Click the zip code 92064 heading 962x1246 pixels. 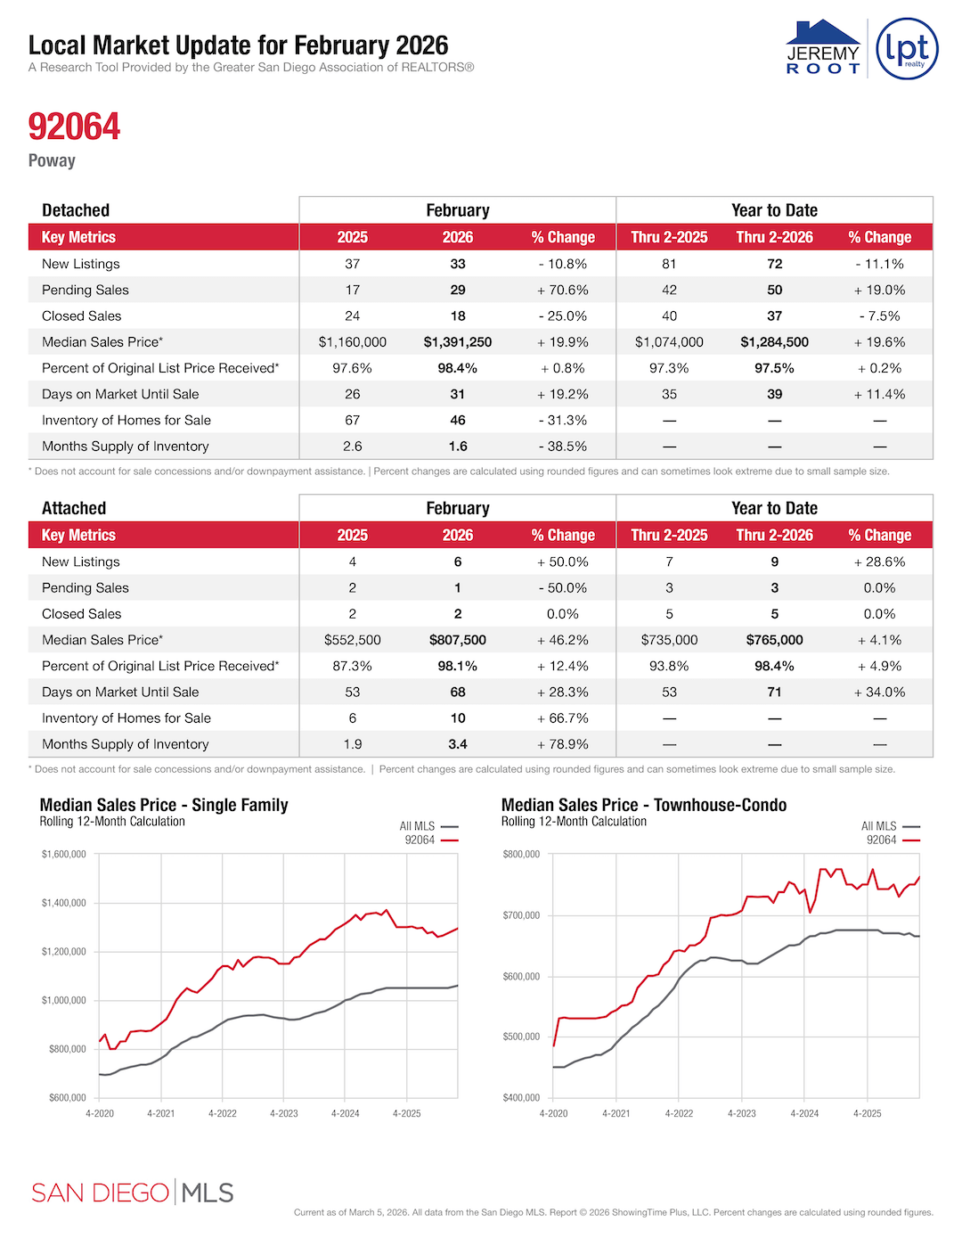[74, 127]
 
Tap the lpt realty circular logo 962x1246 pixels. [907, 49]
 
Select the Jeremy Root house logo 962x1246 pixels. [823, 48]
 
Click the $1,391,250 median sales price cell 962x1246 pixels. [457, 342]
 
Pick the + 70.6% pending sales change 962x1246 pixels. [562, 290]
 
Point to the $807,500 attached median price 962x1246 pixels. [457, 640]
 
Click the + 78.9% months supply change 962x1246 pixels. [562, 744]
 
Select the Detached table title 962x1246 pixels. [76, 210]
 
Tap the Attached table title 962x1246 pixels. [74, 508]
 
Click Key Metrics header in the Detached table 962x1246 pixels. [78, 237]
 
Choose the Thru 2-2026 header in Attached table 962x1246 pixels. [774, 535]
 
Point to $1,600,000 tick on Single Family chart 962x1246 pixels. [64, 855]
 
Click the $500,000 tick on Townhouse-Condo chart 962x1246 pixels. [521, 1037]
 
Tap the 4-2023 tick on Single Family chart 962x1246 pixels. [284, 1113]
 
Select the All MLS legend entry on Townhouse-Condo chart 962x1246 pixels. [889, 826]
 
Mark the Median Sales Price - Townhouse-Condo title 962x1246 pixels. [644, 805]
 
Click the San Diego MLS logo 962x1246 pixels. [133, 1193]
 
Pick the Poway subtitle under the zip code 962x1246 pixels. [52, 160]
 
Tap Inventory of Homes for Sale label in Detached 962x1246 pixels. [126, 420]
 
